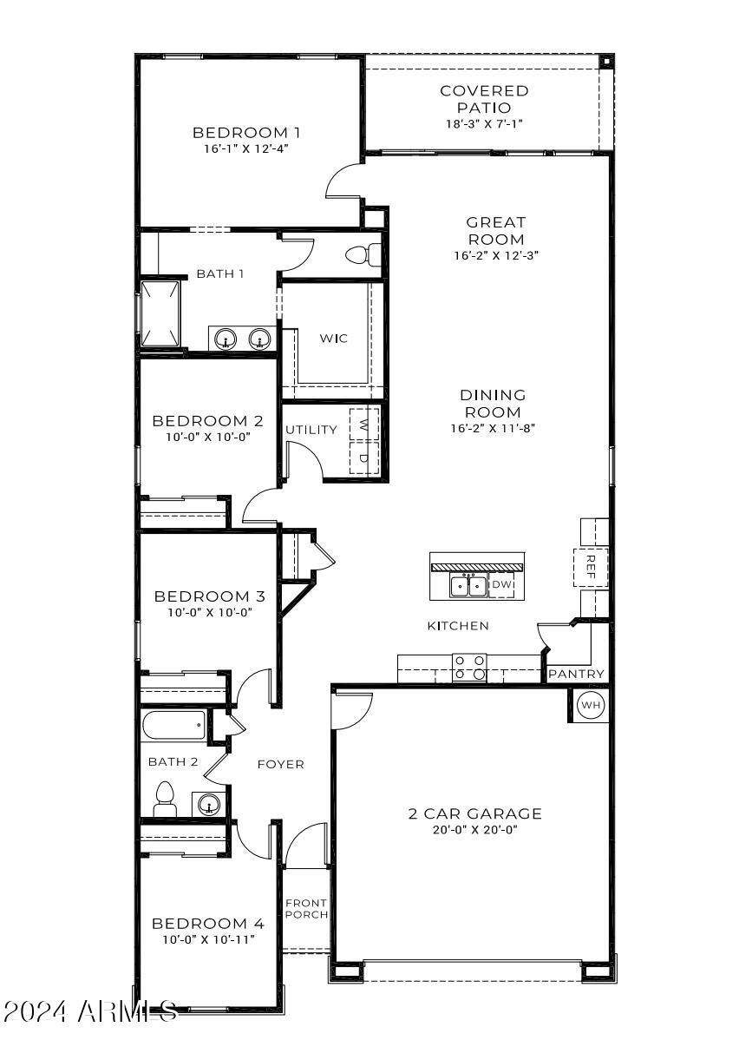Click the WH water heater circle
(x=590, y=705)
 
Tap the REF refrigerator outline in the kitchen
(x=591, y=568)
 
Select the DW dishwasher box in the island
(x=501, y=585)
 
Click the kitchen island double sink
(x=468, y=586)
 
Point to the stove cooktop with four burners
(x=469, y=667)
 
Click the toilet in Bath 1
(x=363, y=255)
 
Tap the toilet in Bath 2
(x=165, y=800)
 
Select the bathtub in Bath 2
(x=173, y=726)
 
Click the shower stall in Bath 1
(x=160, y=313)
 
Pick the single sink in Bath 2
(x=207, y=804)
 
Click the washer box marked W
(x=364, y=424)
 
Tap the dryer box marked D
(x=364, y=458)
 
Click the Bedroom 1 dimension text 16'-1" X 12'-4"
(x=246, y=148)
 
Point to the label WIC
(x=333, y=339)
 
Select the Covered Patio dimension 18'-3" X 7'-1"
(x=484, y=124)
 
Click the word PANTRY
(x=576, y=674)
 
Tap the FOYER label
(x=280, y=764)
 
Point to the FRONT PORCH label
(x=306, y=909)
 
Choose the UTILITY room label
(x=311, y=430)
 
